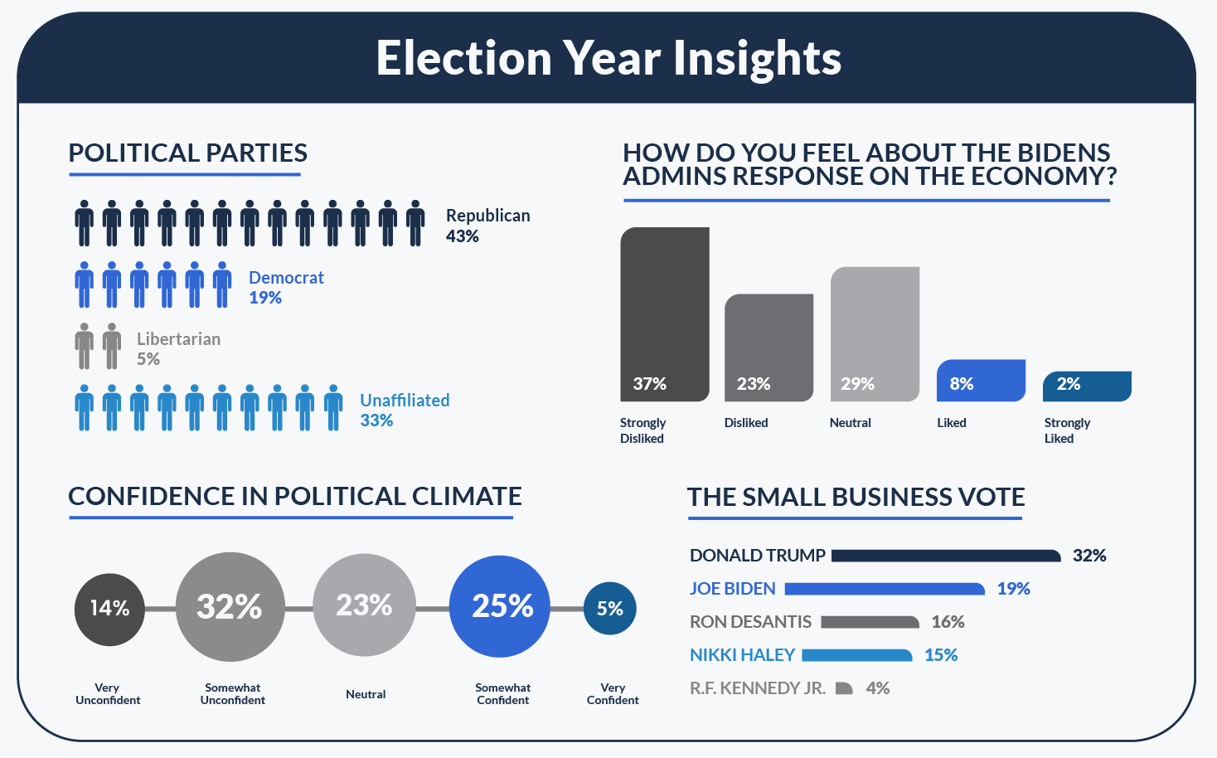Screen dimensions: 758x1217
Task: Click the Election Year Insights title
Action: tap(608, 58)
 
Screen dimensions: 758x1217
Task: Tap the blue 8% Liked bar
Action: tap(981, 381)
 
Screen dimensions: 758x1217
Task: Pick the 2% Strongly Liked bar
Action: tap(1086, 386)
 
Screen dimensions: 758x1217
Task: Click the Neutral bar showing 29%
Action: tap(875, 333)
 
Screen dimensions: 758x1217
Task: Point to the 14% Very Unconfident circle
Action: tap(109, 609)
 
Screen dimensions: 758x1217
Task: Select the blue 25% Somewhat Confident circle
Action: tap(500, 606)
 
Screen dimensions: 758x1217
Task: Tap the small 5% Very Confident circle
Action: tap(609, 608)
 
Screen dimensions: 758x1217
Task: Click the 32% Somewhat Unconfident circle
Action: tap(230, 606)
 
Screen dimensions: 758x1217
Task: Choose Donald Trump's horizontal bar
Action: tap(945, 556)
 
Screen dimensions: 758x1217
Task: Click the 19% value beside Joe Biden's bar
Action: tap(1013, 589)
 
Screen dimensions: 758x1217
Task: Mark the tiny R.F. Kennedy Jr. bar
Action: tap(843, 688)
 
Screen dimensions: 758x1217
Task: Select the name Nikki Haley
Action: tap(742, 655)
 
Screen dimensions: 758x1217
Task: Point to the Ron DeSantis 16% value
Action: tap(948, 622)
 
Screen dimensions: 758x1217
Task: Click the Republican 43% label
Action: tap(487, 226)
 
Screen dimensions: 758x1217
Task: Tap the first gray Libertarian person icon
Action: tap(84, 346)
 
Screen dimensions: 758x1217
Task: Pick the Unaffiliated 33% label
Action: tap(405, 410)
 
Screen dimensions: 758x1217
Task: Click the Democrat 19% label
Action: tap(286, 287)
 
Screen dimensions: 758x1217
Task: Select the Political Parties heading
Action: tap(187, 153)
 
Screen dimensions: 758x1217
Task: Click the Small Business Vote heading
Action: tap(856, 497)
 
